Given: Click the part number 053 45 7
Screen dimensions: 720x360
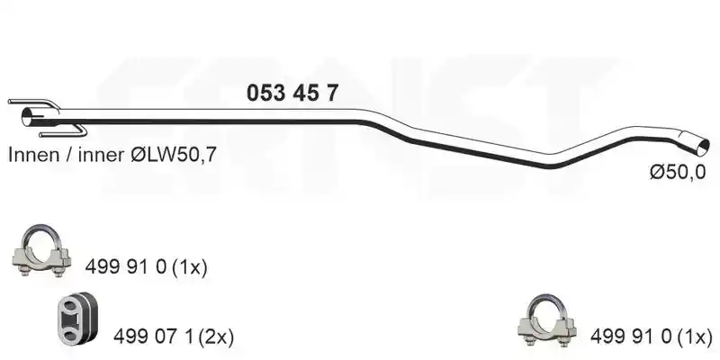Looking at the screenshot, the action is (x=292, y=94).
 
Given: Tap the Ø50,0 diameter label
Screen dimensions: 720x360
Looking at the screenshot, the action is (x=678, y=172).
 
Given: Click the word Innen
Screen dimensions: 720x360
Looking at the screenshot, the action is (x=32, y=155).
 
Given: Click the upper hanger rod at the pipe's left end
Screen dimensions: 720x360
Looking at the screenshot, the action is (x=33, y=103).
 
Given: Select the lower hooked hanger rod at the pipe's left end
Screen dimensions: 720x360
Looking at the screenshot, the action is (x=63, y=131).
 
